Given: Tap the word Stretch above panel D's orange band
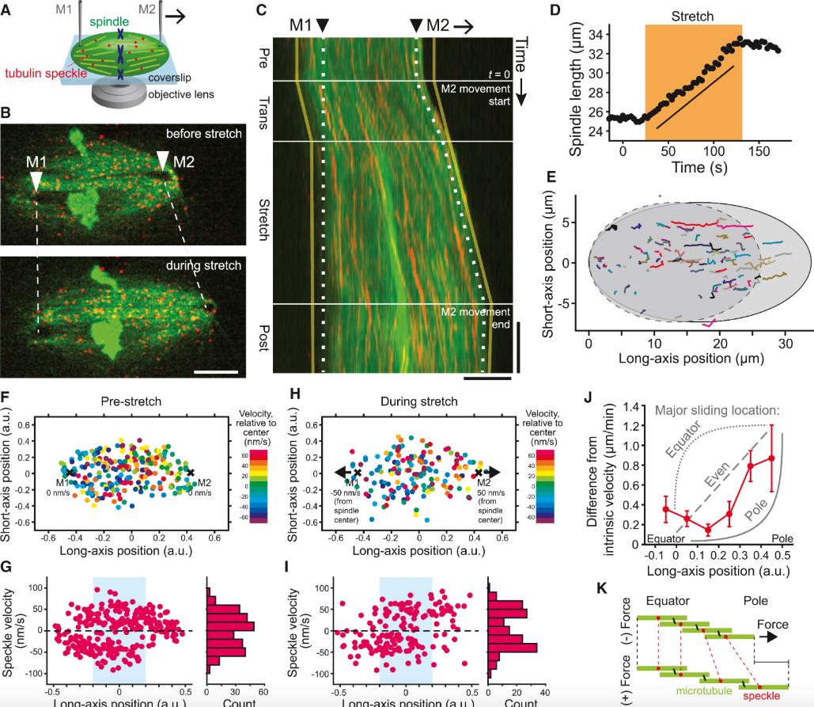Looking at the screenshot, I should click(x=693, y=15).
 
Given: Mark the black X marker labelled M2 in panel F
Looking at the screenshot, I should click(x=190, y=472).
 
